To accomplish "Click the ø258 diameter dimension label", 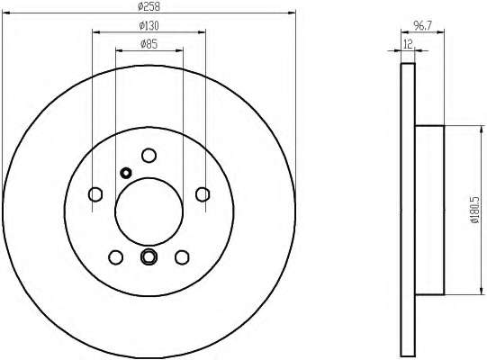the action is (149, 6).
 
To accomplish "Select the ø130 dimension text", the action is (149, 25).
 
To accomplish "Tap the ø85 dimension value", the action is (149, 44).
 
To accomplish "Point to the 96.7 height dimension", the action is (422, 25).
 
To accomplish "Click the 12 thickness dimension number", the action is (408, 44).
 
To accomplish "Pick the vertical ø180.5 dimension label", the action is (475, 210).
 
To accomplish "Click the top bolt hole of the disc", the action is (149, 156).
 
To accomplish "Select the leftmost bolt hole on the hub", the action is (95, 194).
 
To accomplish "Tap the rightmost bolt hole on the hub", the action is (203, 194).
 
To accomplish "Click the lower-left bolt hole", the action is (116, 257).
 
